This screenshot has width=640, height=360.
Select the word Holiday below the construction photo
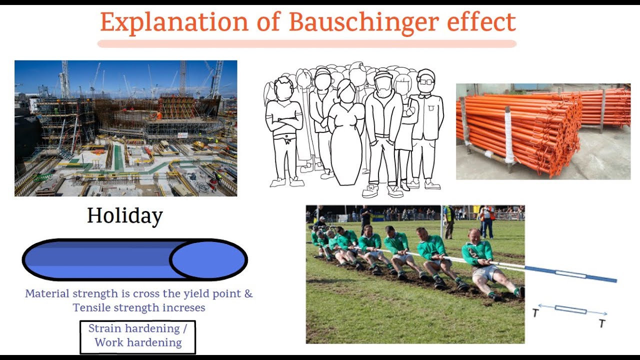125,216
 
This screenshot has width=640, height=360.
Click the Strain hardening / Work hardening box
137,335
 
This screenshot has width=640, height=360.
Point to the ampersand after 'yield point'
248,293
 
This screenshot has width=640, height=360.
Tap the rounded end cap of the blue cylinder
207,259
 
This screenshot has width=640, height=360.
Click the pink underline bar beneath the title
306,44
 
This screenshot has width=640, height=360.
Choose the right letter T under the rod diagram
602,323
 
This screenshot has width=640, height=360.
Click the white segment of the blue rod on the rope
570,274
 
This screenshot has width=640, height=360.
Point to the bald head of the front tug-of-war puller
474,234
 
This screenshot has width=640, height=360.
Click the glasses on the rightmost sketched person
426,81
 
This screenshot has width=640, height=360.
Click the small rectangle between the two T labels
570,310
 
